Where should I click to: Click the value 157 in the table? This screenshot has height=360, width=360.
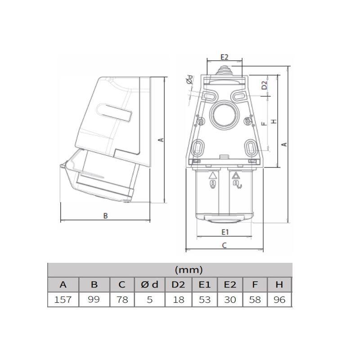[63, 300]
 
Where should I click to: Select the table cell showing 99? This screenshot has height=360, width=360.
[94, 300]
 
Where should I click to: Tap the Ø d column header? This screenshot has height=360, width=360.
[150, 285]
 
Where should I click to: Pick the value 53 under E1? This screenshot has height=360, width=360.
[205, 300]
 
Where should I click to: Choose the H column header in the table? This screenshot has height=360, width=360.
[279, 285]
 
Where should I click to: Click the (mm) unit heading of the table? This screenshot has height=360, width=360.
[189, 270]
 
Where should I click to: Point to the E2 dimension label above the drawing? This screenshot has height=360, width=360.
[225, 57]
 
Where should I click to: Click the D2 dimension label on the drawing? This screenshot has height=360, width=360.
[265, 85]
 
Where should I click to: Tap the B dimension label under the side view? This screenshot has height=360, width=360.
[105, 216]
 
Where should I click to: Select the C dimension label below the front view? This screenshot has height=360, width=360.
[225, 245]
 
